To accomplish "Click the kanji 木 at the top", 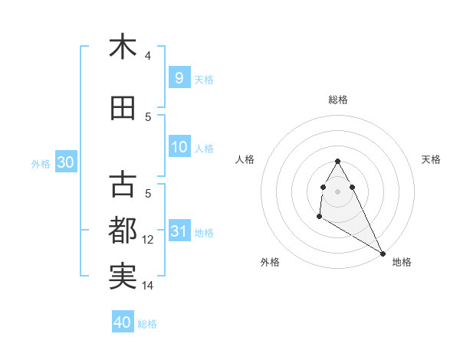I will tap(123, 47).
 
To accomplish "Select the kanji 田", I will tap(123, 110).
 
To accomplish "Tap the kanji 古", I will tap(123, 185).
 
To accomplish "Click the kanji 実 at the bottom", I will tap(123, 276).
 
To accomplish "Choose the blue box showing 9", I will tap(179, 78).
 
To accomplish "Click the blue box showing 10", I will tap(179, 148).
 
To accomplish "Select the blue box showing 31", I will tap(179, 231).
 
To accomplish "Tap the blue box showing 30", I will tap(65, 162).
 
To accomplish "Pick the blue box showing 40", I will tap(123, 322).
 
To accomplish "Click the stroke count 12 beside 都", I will tap(148, 240).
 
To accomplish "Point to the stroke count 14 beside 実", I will tap(148, 286).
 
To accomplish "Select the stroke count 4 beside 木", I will tap(148, 56).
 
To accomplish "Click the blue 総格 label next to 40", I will tap(148, 324).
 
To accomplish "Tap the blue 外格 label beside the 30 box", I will tap(40, 163).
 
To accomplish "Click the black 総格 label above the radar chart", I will tap(338, 100).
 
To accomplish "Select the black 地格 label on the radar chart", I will tap(402, 262).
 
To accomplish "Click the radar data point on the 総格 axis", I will tap(337, 162).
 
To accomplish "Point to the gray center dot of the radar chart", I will tap(337, 191).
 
